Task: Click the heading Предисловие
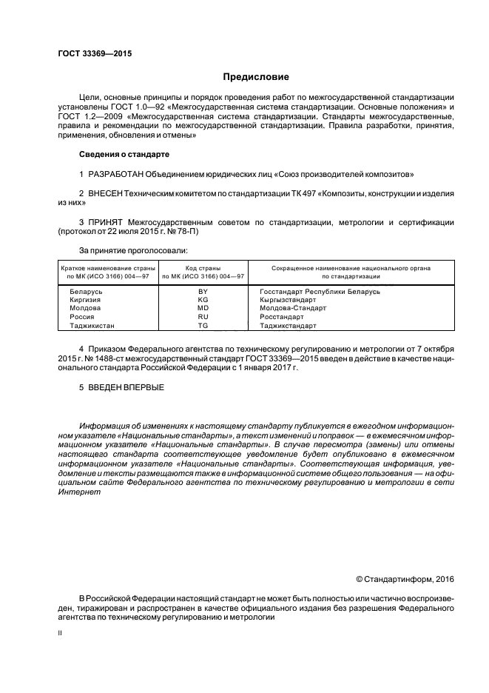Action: [x=256, y=77]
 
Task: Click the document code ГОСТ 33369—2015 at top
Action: [x=90, y=54]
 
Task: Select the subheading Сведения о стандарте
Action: [x=124, y=154]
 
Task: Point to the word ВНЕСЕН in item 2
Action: [x=104, y=192]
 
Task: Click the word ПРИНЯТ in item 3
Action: [x=107, y=221]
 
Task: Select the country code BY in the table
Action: [x=203, y=292]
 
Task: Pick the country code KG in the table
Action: [x=203, y=300]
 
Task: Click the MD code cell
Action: [x=203, y=308]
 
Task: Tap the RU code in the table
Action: [x=203, y=316]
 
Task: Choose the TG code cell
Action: [x=203, y=325]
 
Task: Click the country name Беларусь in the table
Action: [x=86, y=292]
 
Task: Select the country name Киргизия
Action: [x=86, y=300]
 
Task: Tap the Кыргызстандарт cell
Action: [x=288, y=300]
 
